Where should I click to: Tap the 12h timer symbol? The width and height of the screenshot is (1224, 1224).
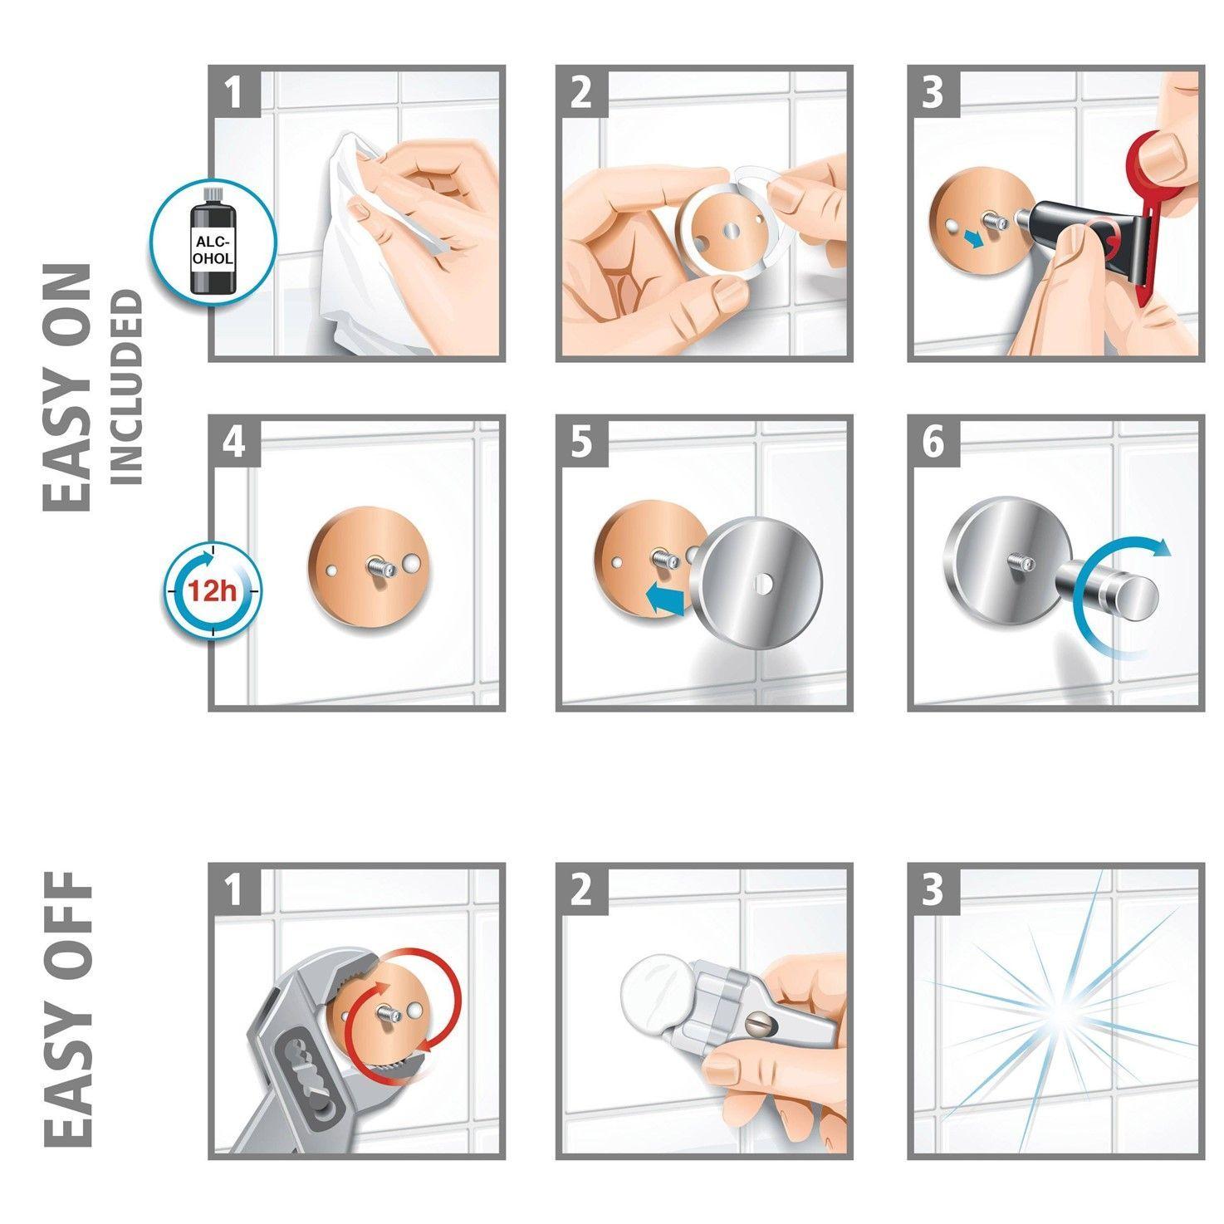tap(212, 590)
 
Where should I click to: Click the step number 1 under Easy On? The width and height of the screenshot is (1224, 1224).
tap(234, 92)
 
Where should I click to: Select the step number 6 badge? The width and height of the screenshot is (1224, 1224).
tap(933, 442)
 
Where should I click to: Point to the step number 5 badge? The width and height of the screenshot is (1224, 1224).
tap(581, 442)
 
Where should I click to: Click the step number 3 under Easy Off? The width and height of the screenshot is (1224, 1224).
tap(933, 889)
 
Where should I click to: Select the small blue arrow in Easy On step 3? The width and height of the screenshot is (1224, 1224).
tap(971, 239)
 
